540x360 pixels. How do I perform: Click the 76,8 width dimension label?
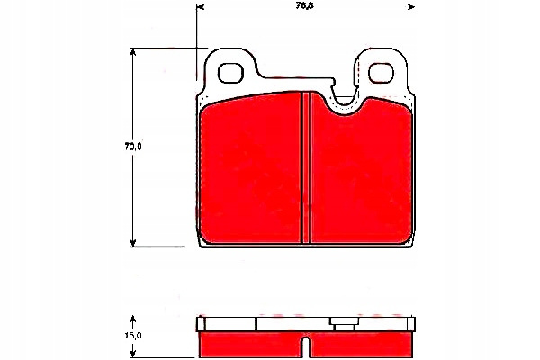[305, 6]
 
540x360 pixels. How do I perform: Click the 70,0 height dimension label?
[133, 147]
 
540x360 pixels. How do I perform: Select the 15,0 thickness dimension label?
[133, 335]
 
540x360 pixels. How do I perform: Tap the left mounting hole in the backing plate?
[230, 73]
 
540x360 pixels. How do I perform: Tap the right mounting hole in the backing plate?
[382, 73]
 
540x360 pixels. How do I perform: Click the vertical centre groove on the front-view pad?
[306, 167]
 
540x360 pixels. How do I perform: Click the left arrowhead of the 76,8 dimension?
[201, 7]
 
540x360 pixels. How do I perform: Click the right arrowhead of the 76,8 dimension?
[411, 7]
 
